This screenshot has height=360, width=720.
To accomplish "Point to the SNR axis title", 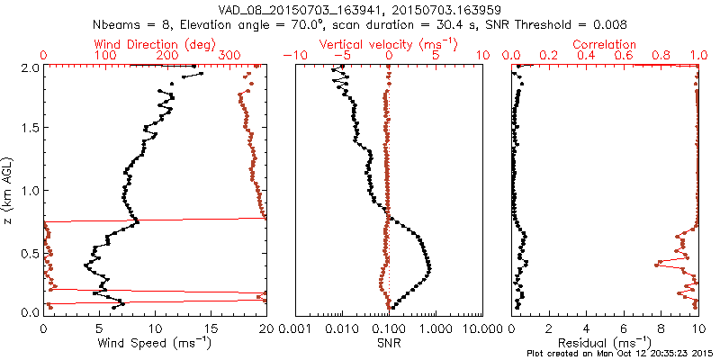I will [389, 344].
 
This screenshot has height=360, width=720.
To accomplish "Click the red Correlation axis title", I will [605, 44].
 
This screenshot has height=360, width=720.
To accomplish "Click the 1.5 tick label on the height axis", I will [29, 129].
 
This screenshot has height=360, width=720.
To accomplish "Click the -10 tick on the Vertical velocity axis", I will [295, 56].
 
